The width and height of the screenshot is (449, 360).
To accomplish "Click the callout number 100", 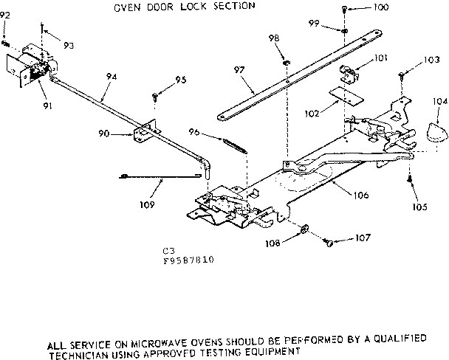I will (380, 9).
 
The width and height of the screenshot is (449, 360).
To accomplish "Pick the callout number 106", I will (341, 196).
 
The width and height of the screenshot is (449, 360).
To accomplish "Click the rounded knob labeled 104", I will (431, 133).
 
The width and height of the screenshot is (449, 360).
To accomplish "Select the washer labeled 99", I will (346, 32).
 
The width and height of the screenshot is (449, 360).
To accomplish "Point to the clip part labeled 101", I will (349, 73).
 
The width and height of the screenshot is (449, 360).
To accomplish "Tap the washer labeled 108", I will (305, 229).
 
